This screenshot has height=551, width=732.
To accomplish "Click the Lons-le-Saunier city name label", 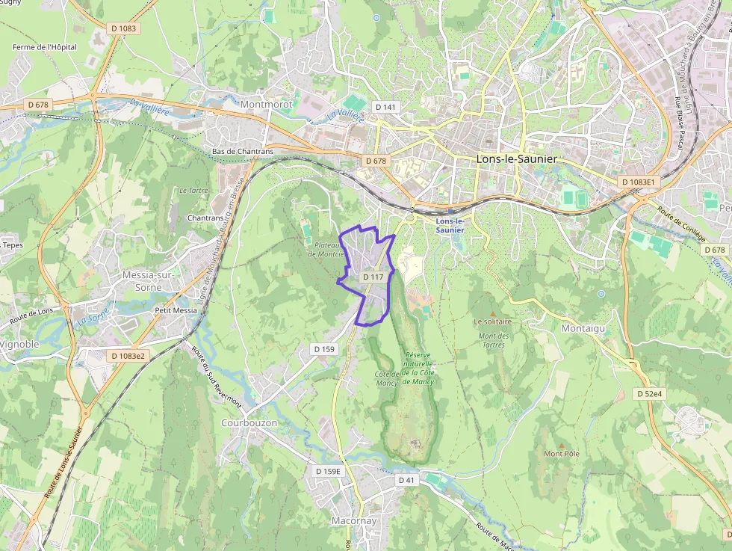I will (x=516, y=159).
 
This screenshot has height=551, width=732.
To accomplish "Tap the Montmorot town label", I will (x=267, y=105).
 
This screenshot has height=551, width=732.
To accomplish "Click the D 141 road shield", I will (x=385, y=107).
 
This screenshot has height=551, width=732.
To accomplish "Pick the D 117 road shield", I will (x=373, y=277).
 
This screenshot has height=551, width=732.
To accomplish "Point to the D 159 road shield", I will (x=324, y=349).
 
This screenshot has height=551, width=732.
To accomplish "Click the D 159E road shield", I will (x=328, y=471).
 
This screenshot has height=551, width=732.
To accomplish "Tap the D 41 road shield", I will (x=406, y=479).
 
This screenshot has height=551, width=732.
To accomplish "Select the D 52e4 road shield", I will (x=651, y=393).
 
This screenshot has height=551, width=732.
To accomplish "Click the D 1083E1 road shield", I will (x=638, y=182).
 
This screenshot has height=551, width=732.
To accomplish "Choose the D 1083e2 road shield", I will (x=128, y=356).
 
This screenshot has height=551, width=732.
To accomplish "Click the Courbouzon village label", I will (x=249, y=422).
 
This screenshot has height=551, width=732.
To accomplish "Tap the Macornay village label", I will (x=354, y=520).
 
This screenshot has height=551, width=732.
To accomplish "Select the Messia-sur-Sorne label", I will (x=148, y=281).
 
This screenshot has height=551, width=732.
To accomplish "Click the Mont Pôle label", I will (x=562, y=454).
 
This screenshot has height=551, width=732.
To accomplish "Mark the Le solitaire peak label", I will (x=492, y=321).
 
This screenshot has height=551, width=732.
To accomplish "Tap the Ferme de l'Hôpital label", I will (x=45, y=47).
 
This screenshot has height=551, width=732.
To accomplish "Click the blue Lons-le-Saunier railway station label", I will (x=450, y=226).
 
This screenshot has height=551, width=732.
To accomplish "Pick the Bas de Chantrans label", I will (x=243, y=151).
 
